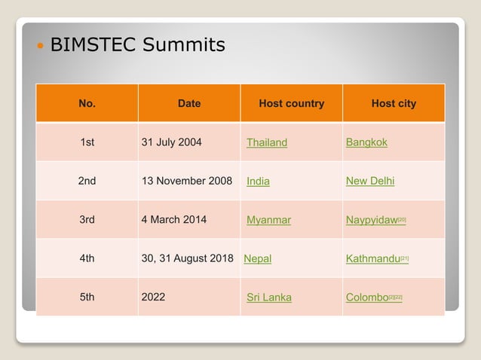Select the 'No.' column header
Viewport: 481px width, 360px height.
[x=87, y=103]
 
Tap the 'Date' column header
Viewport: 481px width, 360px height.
[x=189, y=103]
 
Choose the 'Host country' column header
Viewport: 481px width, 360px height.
[x=291, y=103]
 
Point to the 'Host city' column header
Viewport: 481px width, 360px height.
[x=394, y=103]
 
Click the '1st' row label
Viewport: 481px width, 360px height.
[x=87, y=142]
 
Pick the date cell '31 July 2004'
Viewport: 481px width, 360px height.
[x=172, y=142]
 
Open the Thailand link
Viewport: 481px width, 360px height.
[x=267, y=142]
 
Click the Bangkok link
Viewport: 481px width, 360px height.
[x=366, y=142]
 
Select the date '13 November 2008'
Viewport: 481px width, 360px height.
[x=187, y=181]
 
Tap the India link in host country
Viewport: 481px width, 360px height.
[x=258, y=182]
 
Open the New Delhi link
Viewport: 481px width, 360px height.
[x=370, y=181]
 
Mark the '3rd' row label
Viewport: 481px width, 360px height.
[x=87, y=220]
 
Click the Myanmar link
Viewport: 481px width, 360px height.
[x=268, y=220]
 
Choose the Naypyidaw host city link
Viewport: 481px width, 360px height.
[x=372, y=220]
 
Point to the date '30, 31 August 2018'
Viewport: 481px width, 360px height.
[x=188, y=258]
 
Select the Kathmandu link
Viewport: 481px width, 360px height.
[x=372, y=258]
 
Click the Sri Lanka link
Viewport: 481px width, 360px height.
[x=269, y=297]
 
